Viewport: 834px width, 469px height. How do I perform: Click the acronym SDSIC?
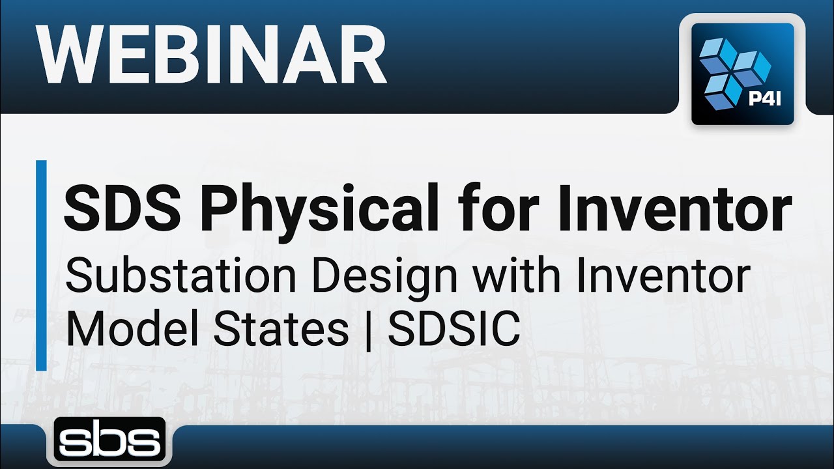(x=454, y=329)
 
